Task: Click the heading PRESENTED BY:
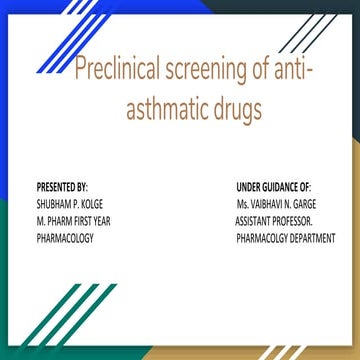(61, 187)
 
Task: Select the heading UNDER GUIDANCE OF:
(274, 187)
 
